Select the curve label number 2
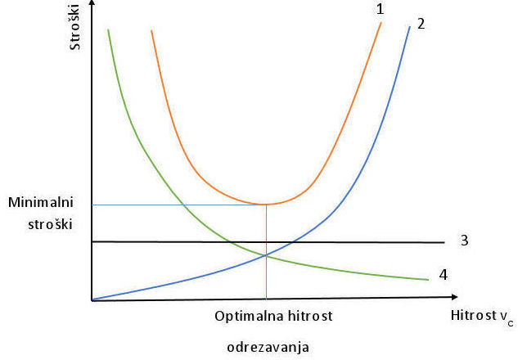click(421, 23)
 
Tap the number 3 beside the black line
click(464, 241)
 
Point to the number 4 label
click(443, 274)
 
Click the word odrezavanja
click(268, 347)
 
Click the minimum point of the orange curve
click(266, 204)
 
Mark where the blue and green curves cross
click(266, 256)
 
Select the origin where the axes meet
click(92, 300)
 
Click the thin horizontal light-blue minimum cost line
click(164, 205)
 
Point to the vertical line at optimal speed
click(266, 278)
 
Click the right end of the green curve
click(428, 279)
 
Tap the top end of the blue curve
click(408, 27)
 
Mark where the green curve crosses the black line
click(230, 241)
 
